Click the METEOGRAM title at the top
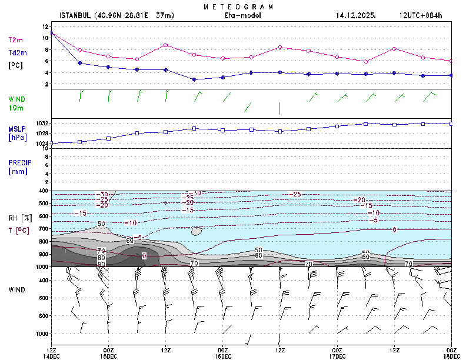click(x=238, y=6)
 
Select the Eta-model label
click(x=238, y=16)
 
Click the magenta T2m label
click(x=15, y=40)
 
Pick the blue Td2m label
click(x=16, y=53)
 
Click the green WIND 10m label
click(x=16, y=104)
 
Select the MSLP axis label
click(x=16, y=129)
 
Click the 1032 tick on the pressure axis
click(x=43, y=124)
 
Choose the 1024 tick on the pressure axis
click(x=43, y=144)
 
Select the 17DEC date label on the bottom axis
click(x=337, y=356)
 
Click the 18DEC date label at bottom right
click(x=451, y=356)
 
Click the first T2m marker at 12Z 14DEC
click(x=52, y=32)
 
